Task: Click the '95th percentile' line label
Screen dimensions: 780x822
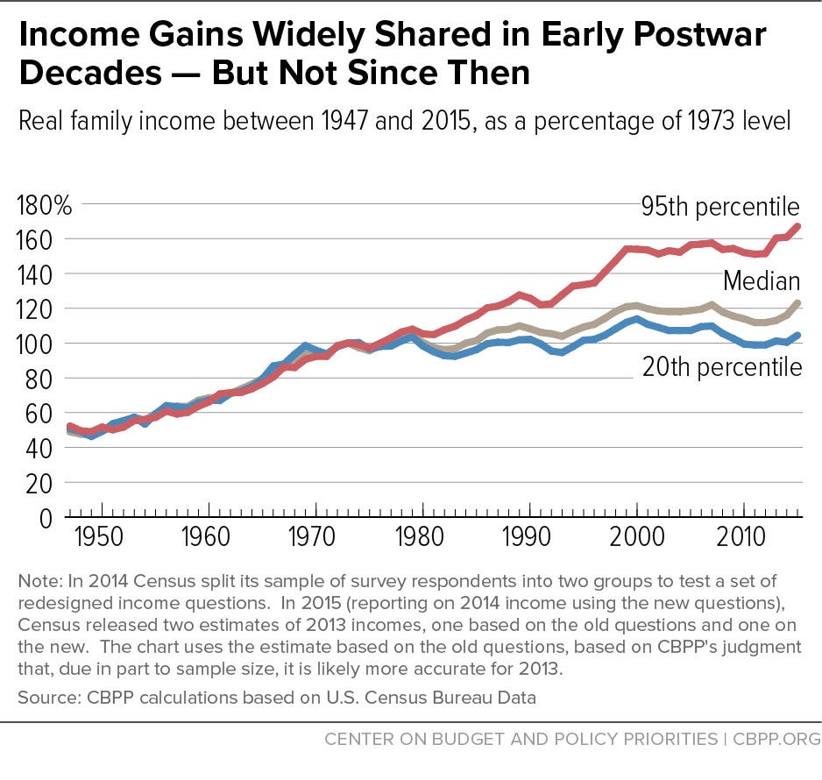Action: click(719, 207)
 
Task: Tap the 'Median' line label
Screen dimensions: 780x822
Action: click(761, 281)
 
